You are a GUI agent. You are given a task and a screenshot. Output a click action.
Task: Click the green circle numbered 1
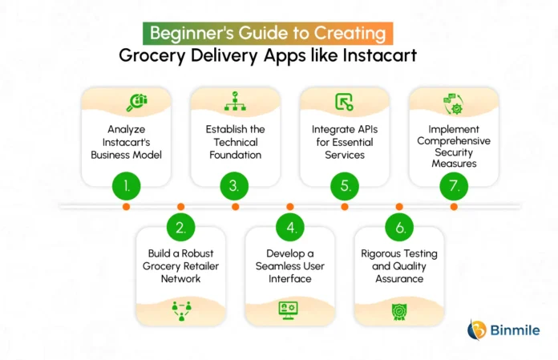(127, 186)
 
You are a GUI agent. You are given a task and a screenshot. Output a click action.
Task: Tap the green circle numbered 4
(290, 228)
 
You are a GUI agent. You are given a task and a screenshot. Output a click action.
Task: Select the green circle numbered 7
(454, 186)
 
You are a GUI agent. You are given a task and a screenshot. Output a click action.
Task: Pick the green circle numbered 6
(399, 228)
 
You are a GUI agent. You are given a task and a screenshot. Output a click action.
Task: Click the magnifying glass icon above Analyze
(137, 103)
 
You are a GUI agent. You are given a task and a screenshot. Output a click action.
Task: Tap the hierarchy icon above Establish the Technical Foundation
(235, 101)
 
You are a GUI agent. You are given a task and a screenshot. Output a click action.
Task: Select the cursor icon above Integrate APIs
(344, 102)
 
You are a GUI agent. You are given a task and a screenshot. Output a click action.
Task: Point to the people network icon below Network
(181, 311)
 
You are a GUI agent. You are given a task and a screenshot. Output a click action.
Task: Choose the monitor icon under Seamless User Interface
(289, 310)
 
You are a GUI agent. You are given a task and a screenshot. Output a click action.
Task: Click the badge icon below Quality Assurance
(399, 312)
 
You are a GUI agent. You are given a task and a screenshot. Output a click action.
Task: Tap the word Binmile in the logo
(515, 330)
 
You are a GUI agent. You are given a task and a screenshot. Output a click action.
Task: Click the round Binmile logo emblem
(477, 330)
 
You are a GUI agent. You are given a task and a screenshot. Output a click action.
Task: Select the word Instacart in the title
(380, 55)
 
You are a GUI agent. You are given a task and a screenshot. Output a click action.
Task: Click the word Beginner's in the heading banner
(192, 33)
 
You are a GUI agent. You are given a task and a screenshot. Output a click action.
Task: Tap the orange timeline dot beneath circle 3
(235, 207)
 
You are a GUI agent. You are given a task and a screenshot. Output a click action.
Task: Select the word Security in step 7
(454, 152)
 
